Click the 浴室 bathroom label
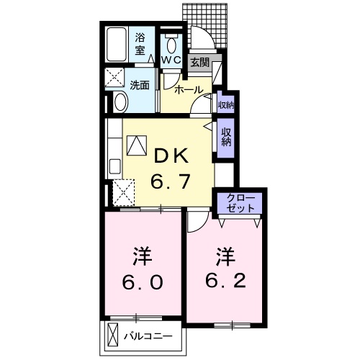(140, 44)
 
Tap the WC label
(171, 60)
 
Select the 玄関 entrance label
(199, 63)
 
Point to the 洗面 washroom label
(140, 85)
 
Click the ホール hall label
(189, 91)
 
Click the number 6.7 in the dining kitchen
(171, 181)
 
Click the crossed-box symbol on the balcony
(112, 336)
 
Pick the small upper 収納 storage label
(225, 105)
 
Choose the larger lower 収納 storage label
(225, 136)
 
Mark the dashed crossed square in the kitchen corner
(123, 193)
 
